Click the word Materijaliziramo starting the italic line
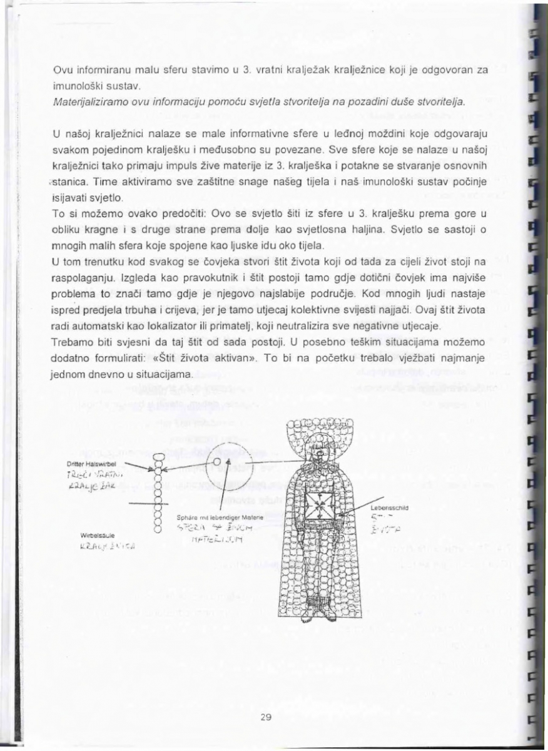tap(76, 101)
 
